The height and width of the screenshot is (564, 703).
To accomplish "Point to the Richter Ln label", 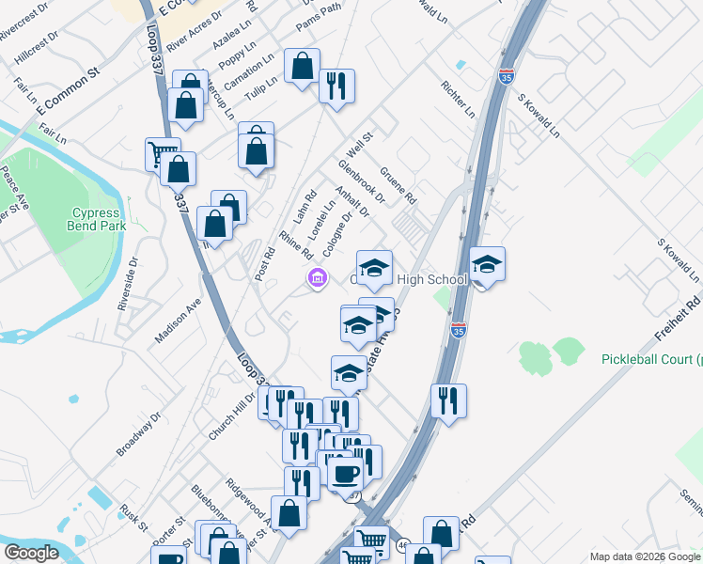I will tap(459, 99).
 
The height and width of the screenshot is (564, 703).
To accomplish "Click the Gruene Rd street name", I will tap(398, 185).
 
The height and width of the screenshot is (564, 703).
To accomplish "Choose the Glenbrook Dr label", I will tap(362, 180).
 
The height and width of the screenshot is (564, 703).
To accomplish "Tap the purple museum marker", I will tap(316, 278).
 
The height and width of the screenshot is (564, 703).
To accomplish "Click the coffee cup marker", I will tap(345, 472).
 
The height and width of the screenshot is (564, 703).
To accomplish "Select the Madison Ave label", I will tap(179, 321).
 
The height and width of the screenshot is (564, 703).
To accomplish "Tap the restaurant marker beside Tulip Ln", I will tap(336, 87).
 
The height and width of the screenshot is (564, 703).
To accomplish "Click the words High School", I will tap(432, 279).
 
